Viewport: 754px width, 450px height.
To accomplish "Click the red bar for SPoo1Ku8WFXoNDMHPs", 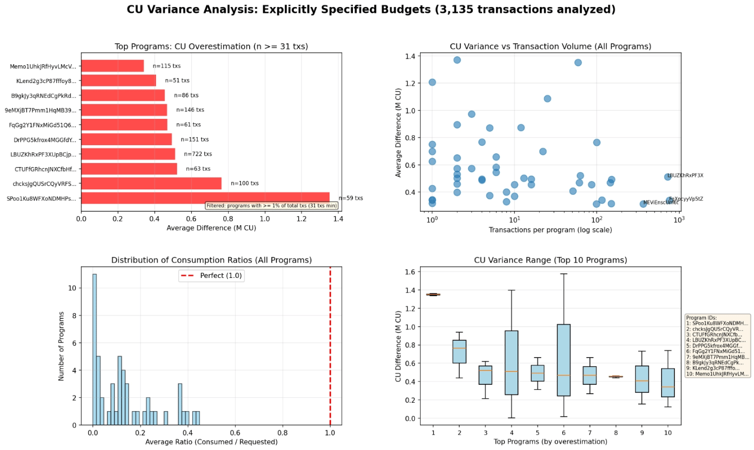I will (205, 198).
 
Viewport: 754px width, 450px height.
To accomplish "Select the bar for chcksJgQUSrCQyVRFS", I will (151, 183).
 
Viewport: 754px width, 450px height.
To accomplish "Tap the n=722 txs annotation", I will (198, 154).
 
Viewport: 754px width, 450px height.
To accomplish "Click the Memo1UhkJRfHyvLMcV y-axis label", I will (43, 66).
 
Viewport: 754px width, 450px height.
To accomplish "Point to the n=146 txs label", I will (190, 110).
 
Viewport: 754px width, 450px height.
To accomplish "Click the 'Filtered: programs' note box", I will (271, 205).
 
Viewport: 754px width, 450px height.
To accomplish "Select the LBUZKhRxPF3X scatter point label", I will (685, 176).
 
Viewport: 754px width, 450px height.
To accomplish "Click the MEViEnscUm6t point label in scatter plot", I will (661, 202).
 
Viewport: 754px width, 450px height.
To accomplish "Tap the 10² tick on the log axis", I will (596, 219).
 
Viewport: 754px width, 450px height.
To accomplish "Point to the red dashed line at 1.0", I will (330, 348).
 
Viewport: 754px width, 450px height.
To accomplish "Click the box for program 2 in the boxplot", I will (459, 352).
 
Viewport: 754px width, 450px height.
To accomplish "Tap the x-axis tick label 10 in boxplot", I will (668, 433).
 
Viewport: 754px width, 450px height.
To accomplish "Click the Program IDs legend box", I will (717, 346).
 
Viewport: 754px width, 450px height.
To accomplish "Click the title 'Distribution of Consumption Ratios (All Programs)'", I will (211, 260).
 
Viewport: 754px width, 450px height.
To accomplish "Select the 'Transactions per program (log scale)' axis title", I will (550, 230).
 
